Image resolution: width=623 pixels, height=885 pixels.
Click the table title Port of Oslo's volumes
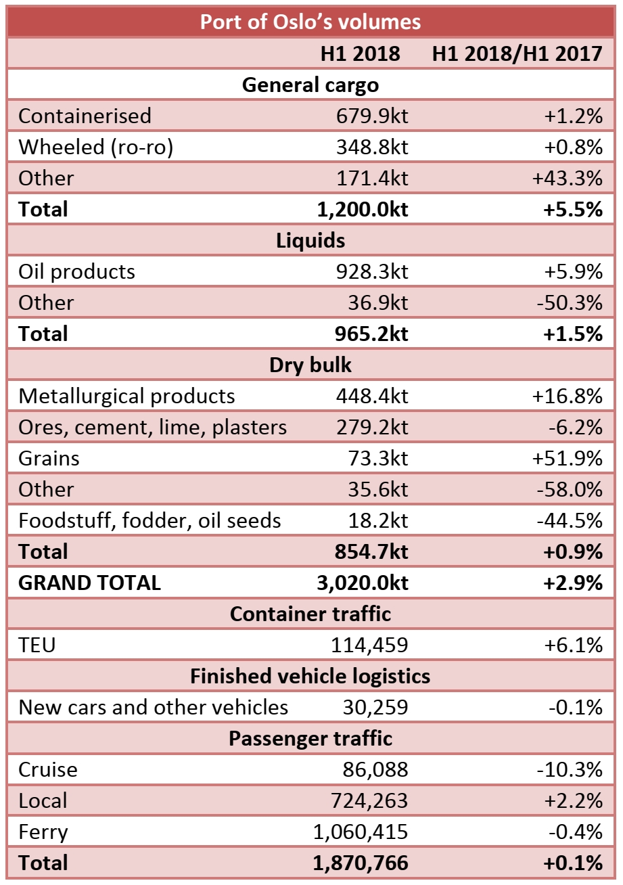[310, 22]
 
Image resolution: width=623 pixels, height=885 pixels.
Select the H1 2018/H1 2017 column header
[517, 54]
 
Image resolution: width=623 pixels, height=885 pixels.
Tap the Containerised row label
[85, 116]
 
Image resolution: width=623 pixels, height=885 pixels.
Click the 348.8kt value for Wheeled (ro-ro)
[371, 147]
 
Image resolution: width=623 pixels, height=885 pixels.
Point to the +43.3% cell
[567, 178]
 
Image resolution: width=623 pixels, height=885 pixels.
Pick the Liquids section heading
[310, 240]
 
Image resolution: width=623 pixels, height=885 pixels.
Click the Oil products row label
[76, 271]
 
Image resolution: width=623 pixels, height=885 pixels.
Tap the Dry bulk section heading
[310, 365]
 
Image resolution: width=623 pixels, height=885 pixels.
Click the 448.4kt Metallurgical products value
[371, 396]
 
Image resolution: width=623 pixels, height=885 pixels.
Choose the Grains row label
[49, 458]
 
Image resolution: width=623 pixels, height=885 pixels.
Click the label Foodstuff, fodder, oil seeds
[149, 520]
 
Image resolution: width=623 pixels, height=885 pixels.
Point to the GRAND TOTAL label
[89, 583]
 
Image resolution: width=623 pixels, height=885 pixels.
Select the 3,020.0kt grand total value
[363, 583]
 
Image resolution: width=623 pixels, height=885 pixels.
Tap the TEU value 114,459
[369, 645]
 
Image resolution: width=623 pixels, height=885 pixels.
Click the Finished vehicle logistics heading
[310, 676]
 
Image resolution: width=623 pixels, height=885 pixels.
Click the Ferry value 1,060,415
[361, 832]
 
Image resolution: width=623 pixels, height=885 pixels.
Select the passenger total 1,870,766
[361, 863]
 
